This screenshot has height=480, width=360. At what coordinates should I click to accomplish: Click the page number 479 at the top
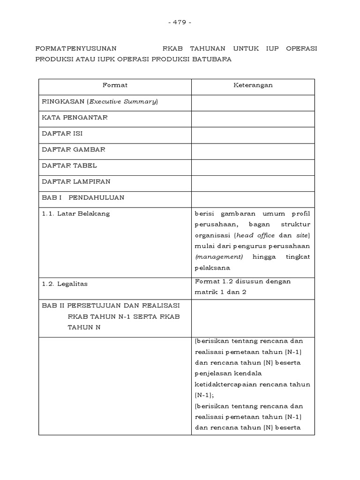click(x=180, y=22)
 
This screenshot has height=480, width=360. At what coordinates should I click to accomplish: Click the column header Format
click(x=115, y=86)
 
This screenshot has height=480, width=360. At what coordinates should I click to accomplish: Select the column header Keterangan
click(x=253, y=86)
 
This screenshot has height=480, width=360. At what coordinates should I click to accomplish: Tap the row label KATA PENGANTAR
click(x=75, y=118)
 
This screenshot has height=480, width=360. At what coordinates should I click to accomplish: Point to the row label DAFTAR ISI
click(x=62, y=134)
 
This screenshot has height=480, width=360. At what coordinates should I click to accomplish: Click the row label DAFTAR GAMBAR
click(x=74, y=150)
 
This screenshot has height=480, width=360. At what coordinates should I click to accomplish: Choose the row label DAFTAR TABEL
click(x=69, y=165)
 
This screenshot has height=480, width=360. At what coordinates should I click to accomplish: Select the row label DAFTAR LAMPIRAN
click(x=76, y=181)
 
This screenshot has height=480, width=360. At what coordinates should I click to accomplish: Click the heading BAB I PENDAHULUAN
click(x=83, y=197)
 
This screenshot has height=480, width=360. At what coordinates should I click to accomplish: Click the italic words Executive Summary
click(x=123, y=102)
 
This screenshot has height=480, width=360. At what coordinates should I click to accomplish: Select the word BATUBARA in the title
click(x=213, y=60)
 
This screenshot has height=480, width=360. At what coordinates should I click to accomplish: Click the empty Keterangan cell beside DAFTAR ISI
click(x=253, y=134)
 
